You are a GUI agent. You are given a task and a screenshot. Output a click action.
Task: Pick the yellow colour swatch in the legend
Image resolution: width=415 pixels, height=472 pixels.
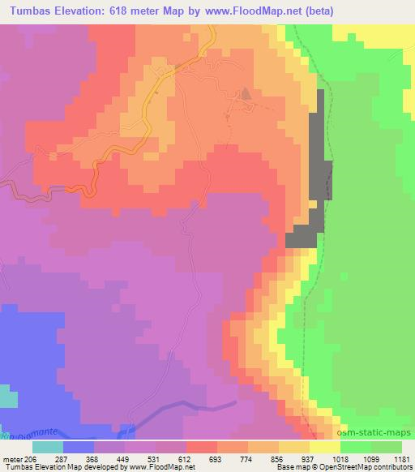click(x=323, y=447)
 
